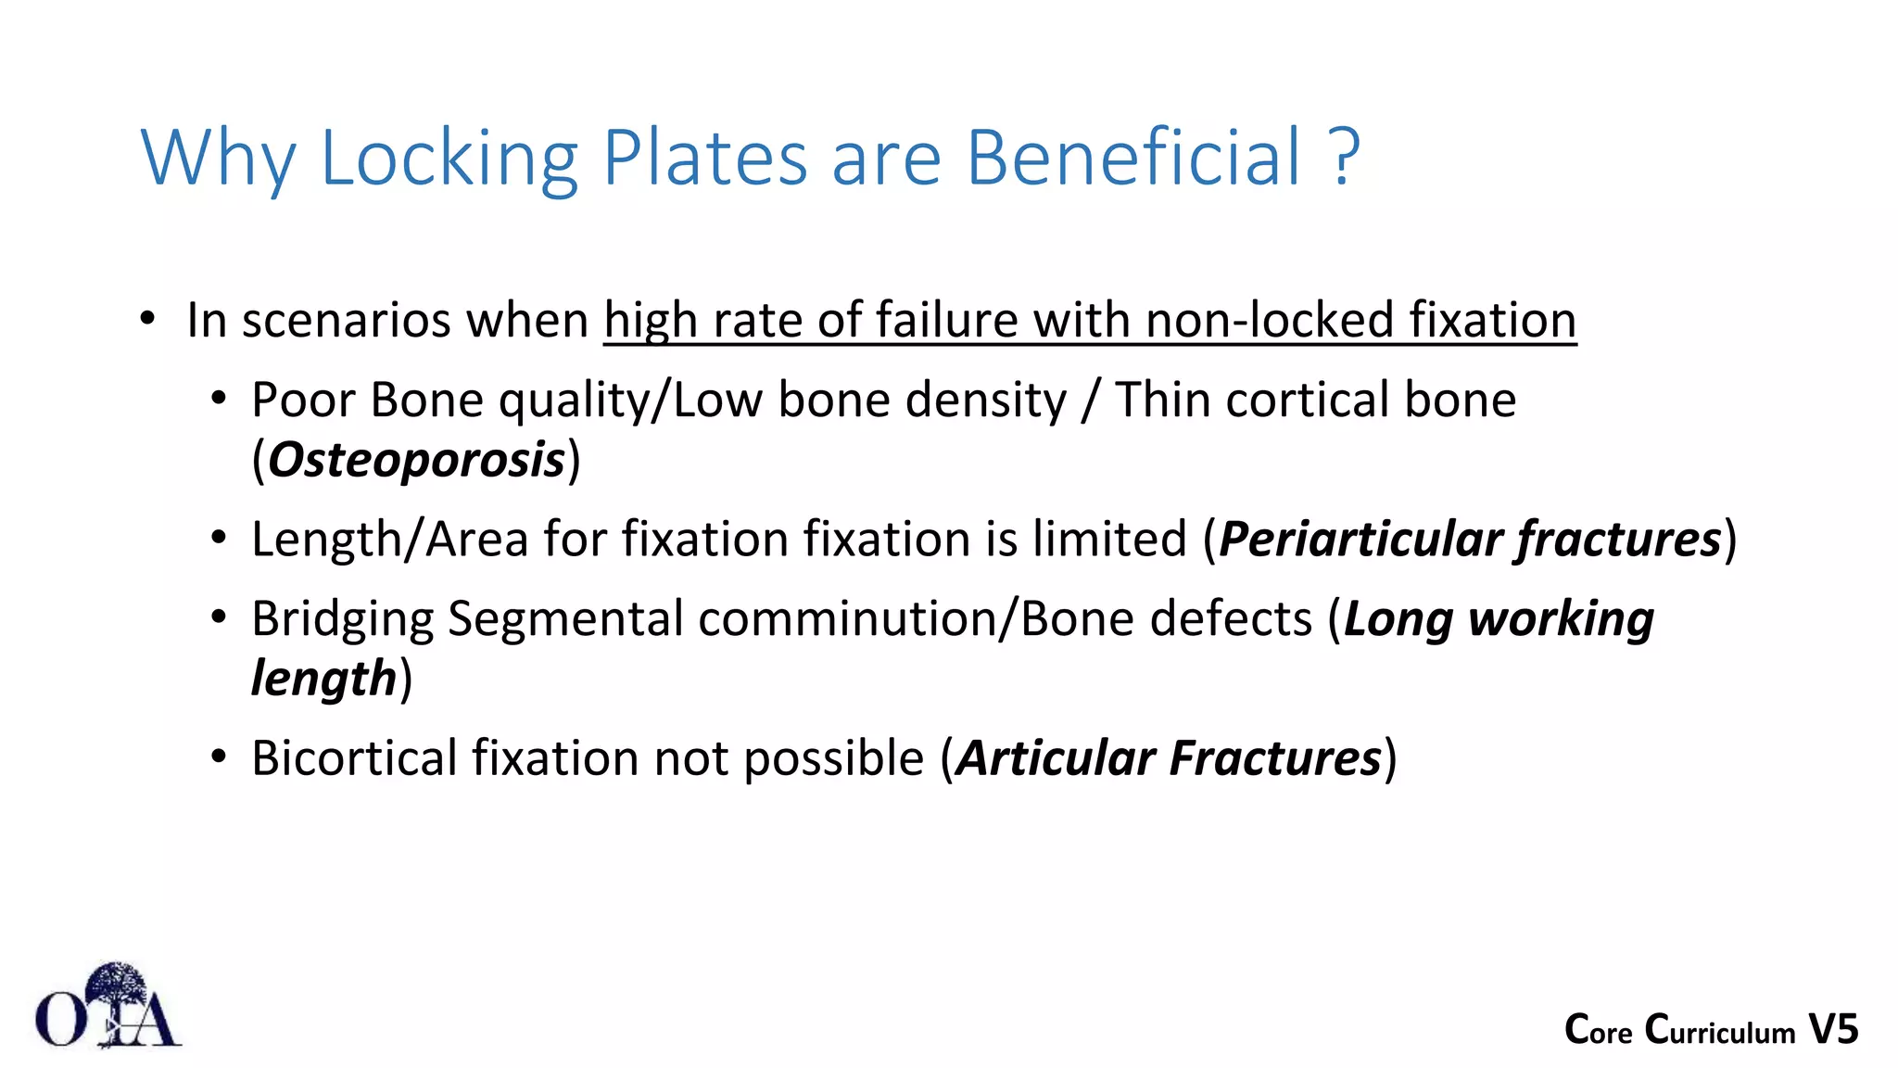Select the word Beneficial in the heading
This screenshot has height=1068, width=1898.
(1134, 158)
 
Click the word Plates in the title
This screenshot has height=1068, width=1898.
(705, 158)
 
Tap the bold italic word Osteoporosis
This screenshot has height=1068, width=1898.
(417, 460)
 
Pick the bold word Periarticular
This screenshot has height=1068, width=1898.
(1360, 540)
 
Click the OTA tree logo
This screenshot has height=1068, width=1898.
(108, 1007)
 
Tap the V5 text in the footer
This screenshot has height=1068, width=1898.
(1833, 1030)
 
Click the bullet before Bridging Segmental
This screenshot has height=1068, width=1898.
(219, 617)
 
